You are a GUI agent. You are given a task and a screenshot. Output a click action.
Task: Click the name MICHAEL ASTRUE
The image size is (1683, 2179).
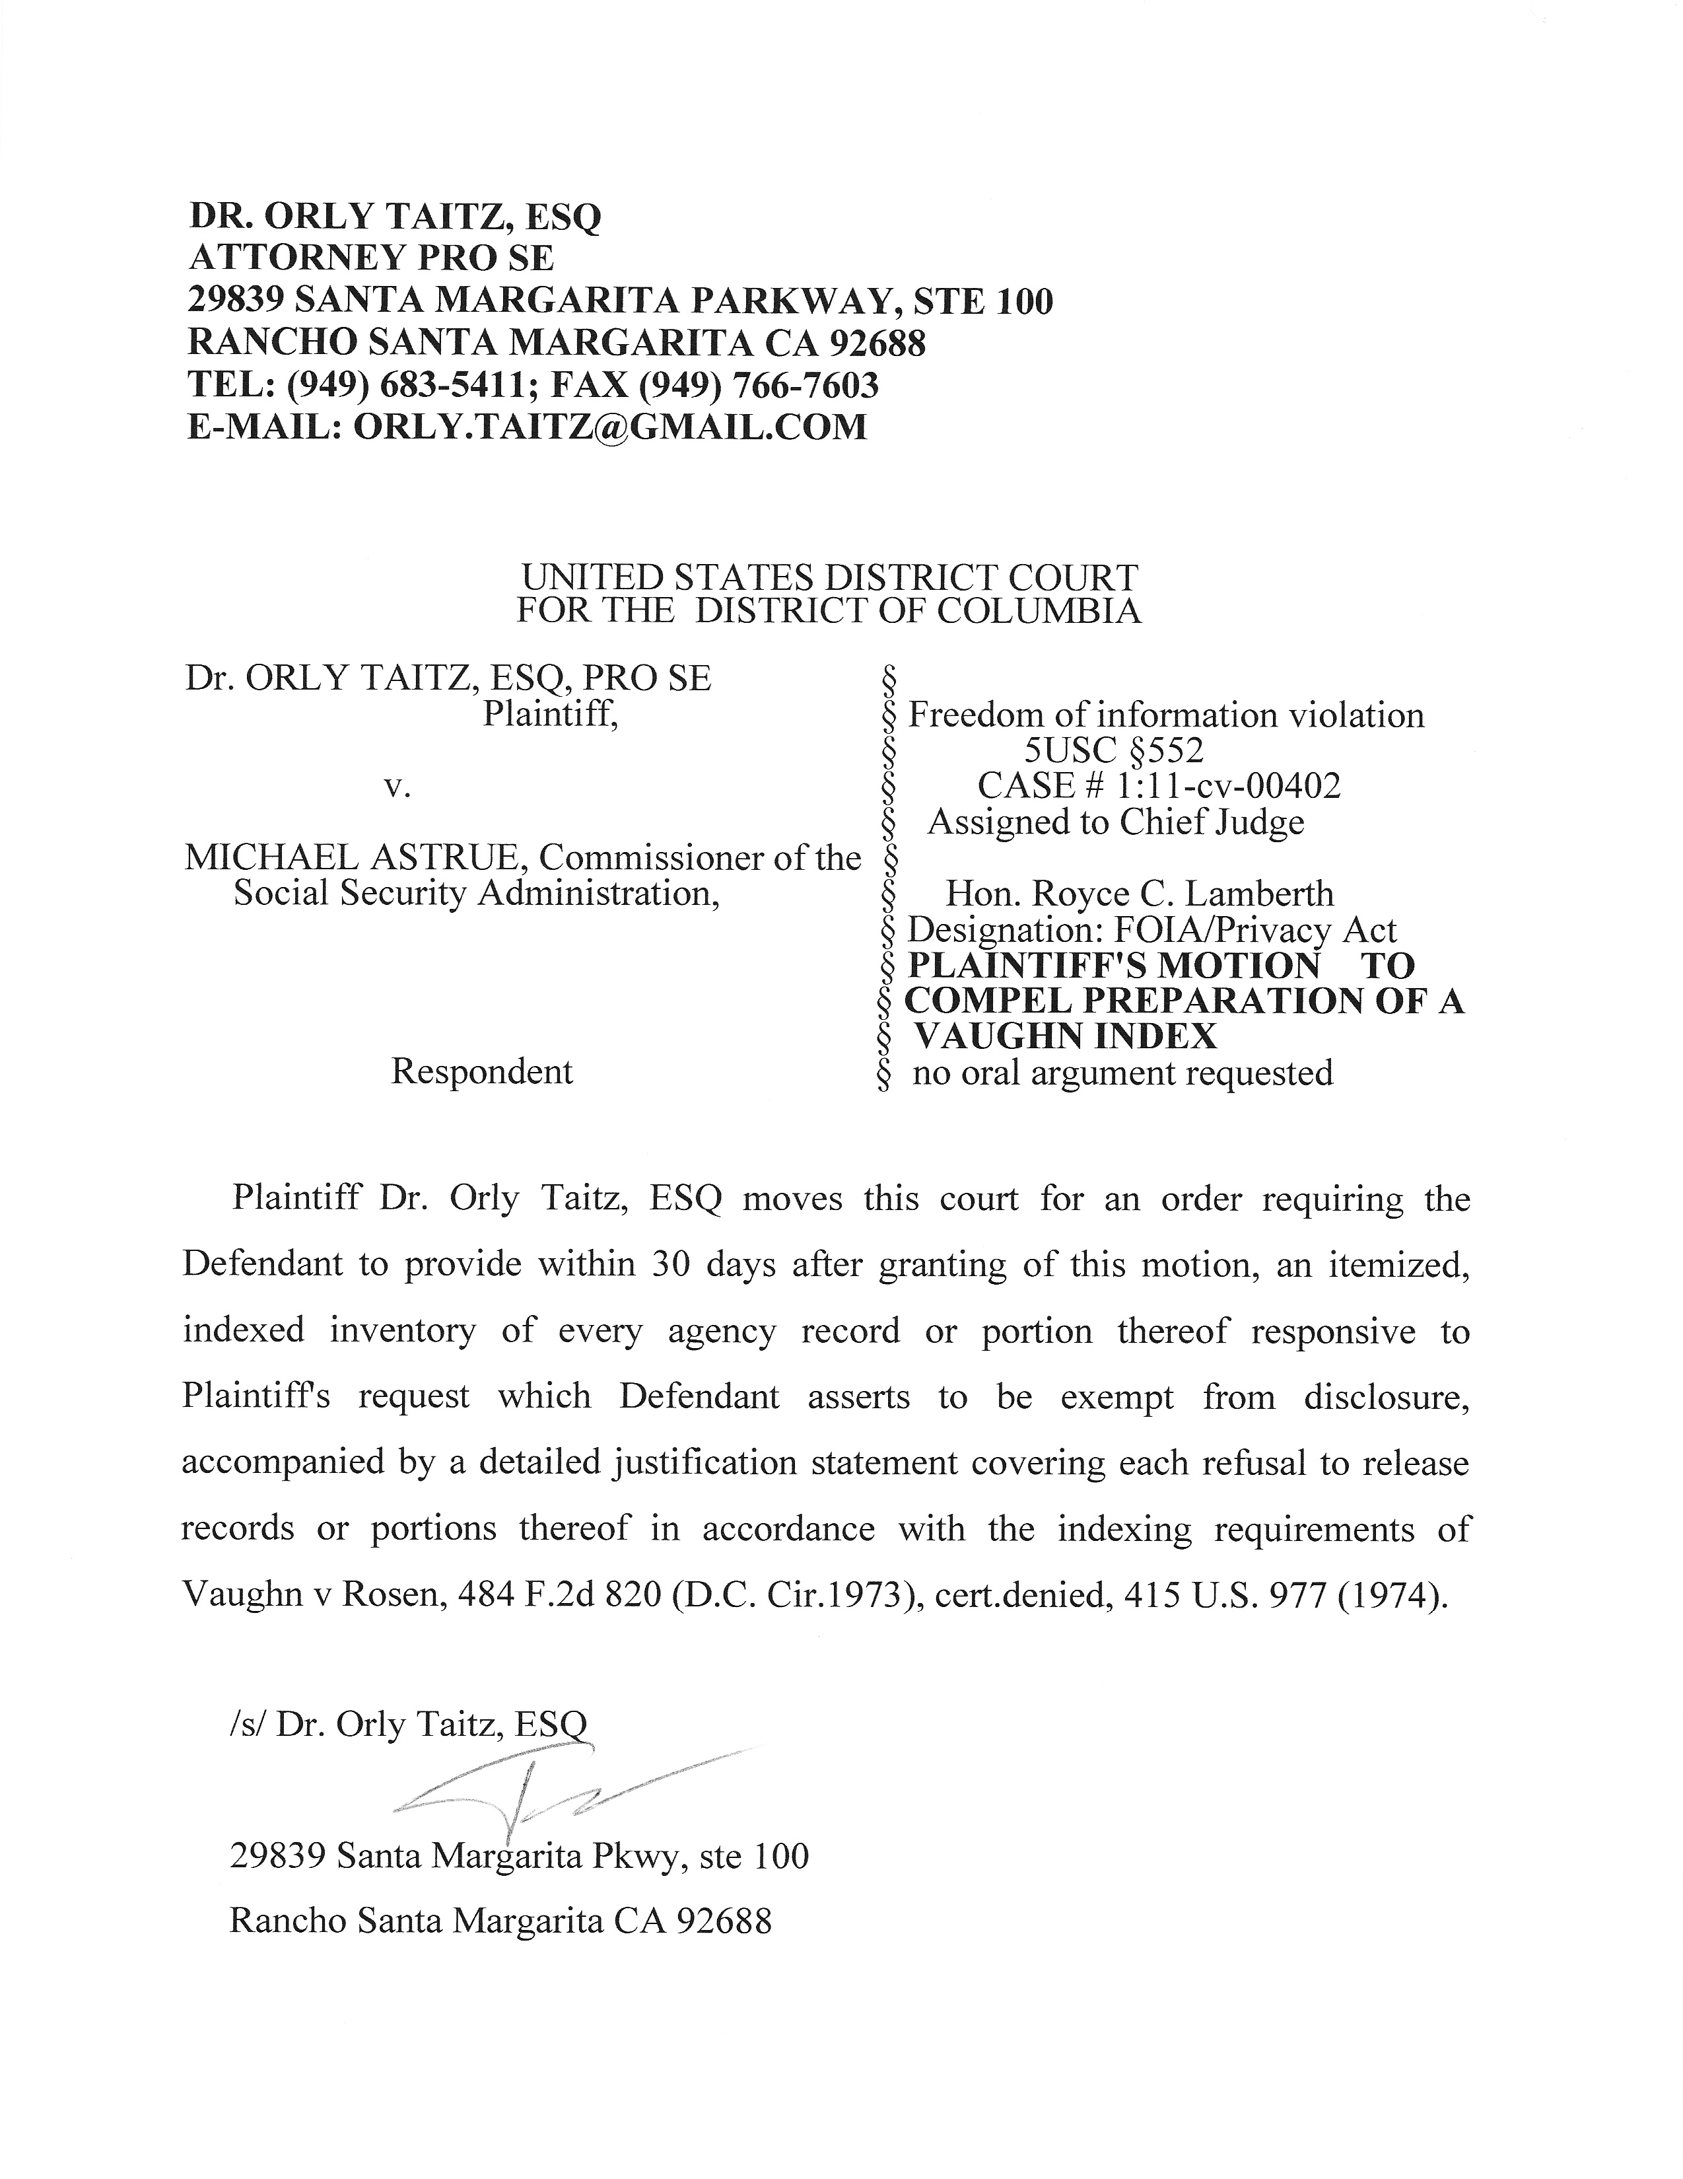pos(352,858)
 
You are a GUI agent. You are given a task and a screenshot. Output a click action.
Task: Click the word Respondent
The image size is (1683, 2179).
pos(482,1071)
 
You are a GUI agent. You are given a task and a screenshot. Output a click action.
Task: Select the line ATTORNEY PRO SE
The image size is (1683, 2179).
pos(371,258)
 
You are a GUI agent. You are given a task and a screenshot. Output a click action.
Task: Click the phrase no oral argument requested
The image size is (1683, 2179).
pos(1122,1073)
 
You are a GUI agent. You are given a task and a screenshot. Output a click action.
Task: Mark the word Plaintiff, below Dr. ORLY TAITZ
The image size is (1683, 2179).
pos(550,715)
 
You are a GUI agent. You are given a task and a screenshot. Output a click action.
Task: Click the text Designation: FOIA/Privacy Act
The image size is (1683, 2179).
pos(1152,930)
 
